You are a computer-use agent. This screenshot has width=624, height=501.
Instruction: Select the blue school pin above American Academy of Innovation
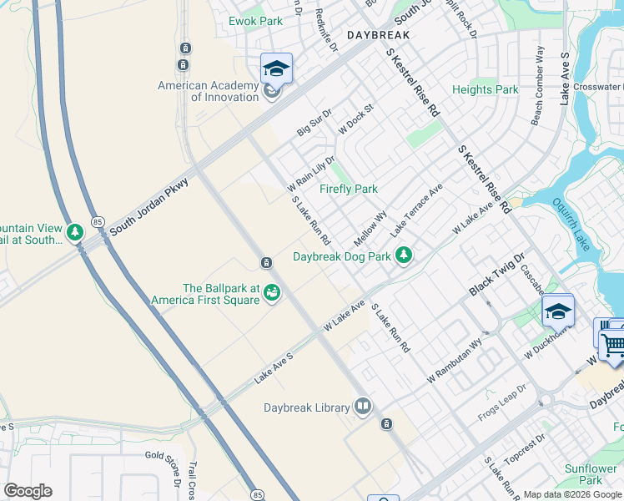[x=276, y=68]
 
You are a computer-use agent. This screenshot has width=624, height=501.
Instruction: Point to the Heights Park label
[x=485, y=89]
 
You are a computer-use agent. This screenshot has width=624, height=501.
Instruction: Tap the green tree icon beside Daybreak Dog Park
[x=405, y=255]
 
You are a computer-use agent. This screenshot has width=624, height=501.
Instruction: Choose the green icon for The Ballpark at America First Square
[x=271, y=292]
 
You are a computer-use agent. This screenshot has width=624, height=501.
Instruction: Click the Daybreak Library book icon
[x=363, y=407]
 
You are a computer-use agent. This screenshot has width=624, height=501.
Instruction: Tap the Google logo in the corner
[x=28, y=491]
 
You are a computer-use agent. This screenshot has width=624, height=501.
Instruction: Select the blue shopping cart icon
[x=612, y=343]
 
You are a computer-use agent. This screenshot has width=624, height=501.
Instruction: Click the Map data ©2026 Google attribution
[x=572, y=494]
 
